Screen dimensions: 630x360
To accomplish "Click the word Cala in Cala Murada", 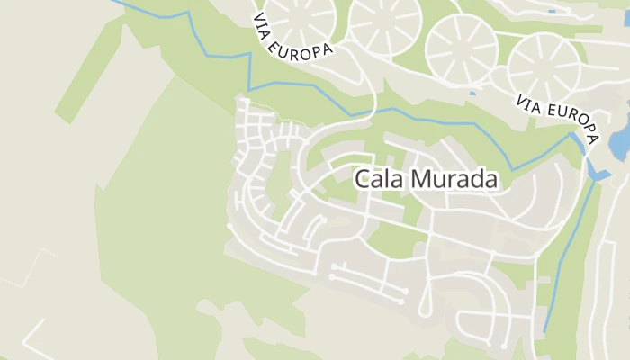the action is pyautogui.click(x=379, y=179).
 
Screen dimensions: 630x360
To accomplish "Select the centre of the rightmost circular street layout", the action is pyautogui.click(x=544, y=67).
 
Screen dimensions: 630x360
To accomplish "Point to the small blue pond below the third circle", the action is pyautogui.click(x=472, y=92).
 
